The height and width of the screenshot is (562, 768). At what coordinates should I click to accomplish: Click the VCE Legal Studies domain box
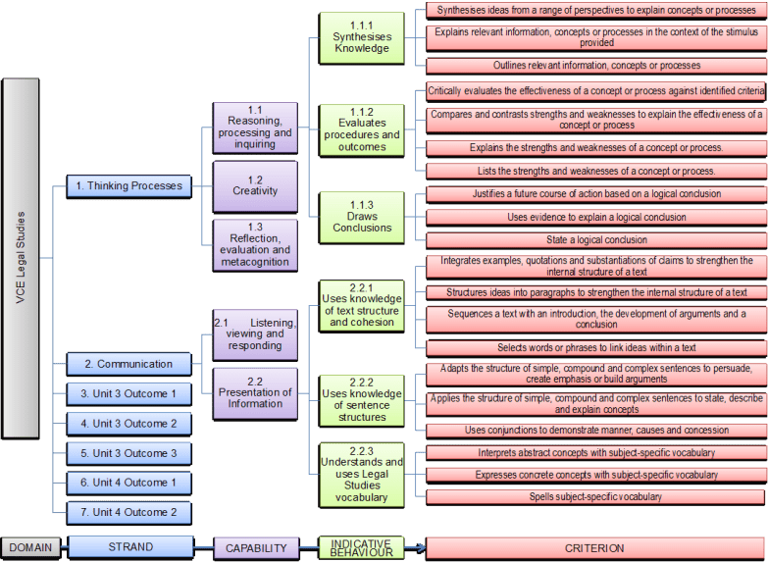[21, 257]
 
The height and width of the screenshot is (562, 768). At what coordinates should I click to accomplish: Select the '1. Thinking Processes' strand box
[128, 185]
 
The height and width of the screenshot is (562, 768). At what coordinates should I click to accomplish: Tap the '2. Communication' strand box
[128, 364]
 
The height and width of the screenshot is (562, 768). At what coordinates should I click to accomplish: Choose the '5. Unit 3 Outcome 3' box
[128, 453]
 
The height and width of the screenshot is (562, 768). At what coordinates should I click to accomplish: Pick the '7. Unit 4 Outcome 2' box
[128, 512]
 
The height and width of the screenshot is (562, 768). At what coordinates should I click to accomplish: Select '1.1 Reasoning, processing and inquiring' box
[255, 128]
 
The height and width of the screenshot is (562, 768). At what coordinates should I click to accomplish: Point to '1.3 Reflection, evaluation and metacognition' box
[255, 244]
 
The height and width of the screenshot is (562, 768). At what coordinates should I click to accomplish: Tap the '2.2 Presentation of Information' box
[255, 392]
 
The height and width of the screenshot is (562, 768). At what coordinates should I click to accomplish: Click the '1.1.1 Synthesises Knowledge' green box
[361, 37]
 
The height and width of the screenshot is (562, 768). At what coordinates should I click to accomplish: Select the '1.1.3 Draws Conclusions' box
[361, 217]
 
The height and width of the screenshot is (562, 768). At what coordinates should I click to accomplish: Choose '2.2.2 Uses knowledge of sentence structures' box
[361, 400]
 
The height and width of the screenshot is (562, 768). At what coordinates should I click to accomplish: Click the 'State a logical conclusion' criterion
[595, 239]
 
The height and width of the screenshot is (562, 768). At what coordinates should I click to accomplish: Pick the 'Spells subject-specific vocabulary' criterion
[595, 496]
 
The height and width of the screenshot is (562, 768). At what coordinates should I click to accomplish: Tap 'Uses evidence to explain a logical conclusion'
[595, 217]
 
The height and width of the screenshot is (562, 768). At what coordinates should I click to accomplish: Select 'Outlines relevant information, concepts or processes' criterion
[595, 66]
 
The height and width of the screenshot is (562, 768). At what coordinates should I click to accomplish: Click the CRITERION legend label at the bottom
[594, 548]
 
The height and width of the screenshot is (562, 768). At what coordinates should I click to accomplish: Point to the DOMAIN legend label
[31, 547]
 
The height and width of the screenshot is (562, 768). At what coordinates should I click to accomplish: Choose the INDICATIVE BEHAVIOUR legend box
[361, 547]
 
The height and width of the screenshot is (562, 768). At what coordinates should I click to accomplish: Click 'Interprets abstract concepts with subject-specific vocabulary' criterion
[595, 453]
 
